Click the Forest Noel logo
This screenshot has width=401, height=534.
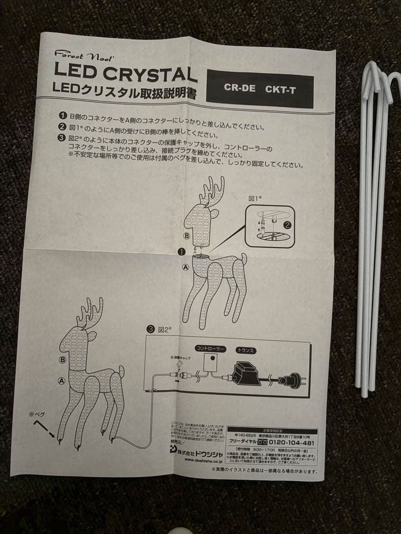(x=77, y=54)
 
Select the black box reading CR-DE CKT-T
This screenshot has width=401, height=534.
(x=259, y=89)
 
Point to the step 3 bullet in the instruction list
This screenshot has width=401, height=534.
(x=61, y=138)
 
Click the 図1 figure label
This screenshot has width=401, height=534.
(x=254, y=198)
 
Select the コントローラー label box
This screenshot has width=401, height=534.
(x=210, y=349)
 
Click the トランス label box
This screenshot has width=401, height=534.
(x=246, y=350)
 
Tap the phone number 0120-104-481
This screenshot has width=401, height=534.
(x=292, y=443)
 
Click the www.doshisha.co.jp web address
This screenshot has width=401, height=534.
(x=202, y=459)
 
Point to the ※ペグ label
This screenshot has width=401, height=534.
(x=38, y=414)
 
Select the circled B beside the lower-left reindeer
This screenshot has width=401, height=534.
(x=62, y=360)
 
